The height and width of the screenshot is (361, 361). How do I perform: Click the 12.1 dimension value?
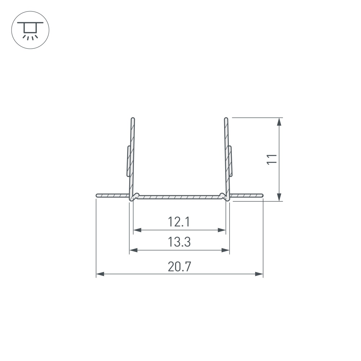pos(179,222)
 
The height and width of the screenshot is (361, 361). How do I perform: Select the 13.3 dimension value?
pos(179,242)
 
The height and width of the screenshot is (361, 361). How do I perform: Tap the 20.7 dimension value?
pos(179,267)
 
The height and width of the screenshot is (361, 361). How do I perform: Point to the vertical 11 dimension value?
pos(272,159)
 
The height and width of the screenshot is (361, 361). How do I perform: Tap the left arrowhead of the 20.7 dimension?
pos(100,274)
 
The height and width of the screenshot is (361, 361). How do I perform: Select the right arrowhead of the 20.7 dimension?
pos(259,274)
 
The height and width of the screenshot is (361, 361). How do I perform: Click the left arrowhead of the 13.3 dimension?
pos(133,250)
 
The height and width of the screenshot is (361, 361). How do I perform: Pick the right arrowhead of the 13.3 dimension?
pos(225,250)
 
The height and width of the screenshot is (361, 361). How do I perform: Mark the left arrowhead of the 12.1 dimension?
pos(137,230)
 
